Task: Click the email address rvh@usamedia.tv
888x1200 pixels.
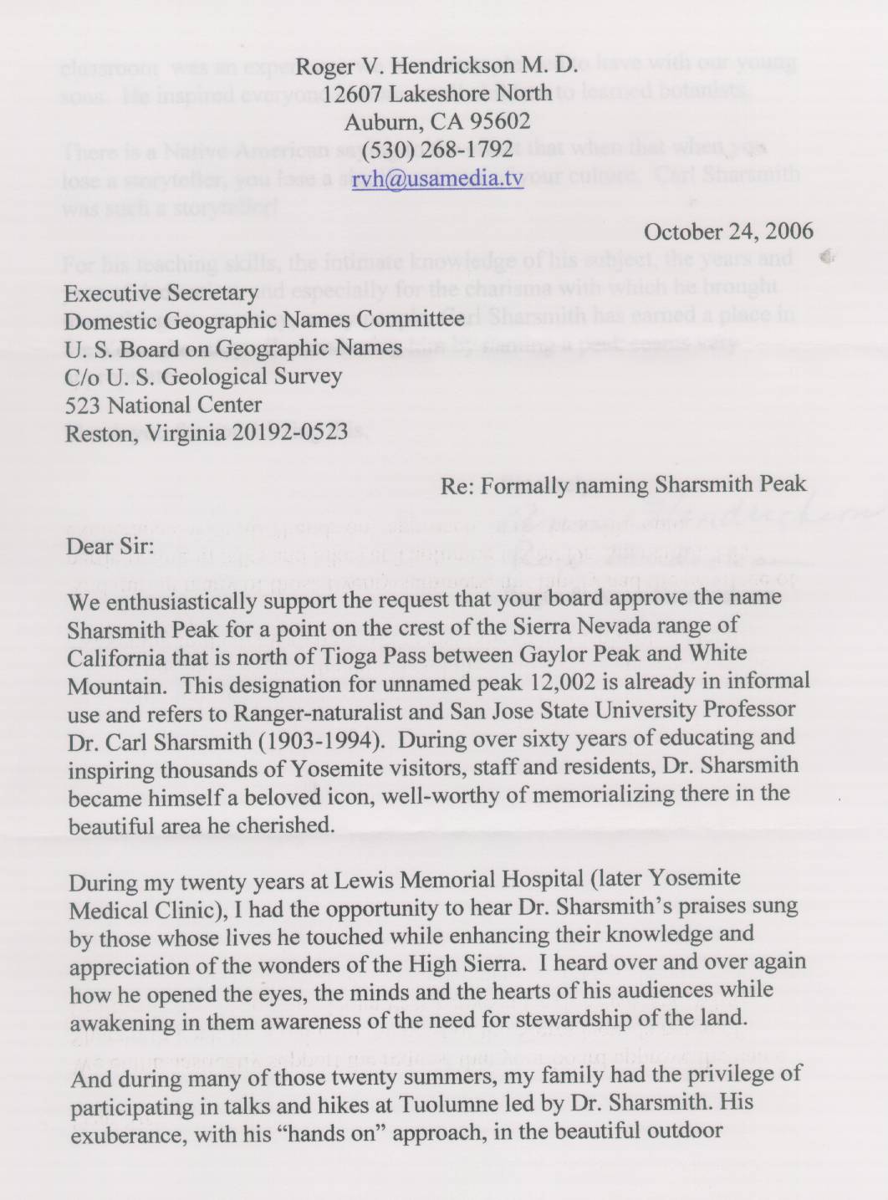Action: coord(437,178)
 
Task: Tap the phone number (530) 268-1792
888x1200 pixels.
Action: coord(437,150)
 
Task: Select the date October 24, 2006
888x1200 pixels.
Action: coord(728,232)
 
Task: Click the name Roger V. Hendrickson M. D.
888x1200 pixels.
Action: coord(437,65)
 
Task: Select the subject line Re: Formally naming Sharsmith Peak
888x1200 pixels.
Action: coord(623,485)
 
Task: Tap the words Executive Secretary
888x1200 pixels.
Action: coord(161,294)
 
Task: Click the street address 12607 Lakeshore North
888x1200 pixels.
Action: coord(437,93)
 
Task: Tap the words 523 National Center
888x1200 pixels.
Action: coord(163,406)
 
